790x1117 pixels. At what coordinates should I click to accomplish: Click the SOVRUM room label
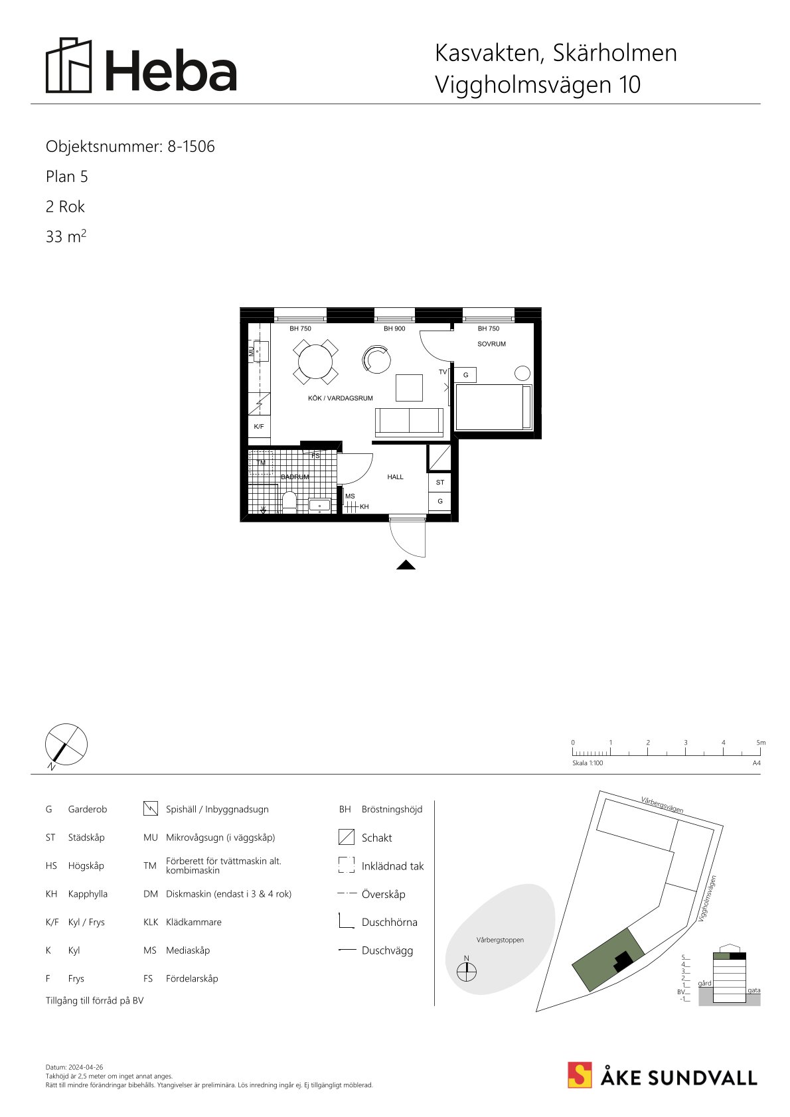coord(491,344)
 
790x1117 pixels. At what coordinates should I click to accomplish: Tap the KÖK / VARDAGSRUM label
coord(340,398)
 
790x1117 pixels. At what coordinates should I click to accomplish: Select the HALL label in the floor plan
coord(395,477)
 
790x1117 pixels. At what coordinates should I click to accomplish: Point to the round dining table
coord(315,362)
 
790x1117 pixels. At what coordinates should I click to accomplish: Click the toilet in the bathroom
coord(289,502)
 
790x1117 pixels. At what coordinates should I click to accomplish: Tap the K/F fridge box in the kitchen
coord(259,426)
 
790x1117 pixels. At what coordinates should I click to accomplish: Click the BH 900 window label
coord(394,329)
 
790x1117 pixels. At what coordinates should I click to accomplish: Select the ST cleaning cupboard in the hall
coord(440,483)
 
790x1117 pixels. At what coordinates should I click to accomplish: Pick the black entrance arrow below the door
coord(406,565)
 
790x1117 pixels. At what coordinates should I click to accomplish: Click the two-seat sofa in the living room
coord(409,422)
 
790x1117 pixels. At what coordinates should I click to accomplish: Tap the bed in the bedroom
coord(493,407)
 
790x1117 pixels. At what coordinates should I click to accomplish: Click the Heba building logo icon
coord(69,65)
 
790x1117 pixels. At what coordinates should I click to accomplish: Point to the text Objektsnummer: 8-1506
coord(130,147)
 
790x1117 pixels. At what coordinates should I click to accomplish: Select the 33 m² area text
coord(66,236)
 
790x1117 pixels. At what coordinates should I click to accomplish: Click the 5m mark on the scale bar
coord(761,743)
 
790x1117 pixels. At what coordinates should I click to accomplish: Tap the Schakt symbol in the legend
coord(346,837)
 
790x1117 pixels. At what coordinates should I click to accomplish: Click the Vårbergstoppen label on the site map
coord(500,940)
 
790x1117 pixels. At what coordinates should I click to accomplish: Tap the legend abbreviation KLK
coord(151,923)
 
